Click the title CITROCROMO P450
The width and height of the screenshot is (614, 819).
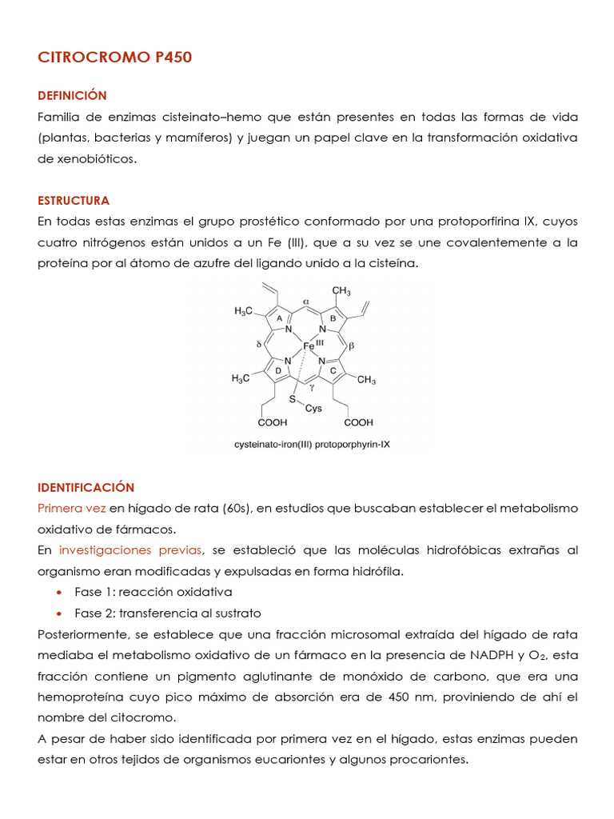tap(115, 58)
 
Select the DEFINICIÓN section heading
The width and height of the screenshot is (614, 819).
tap(72, 95)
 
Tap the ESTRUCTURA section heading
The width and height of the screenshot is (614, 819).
tap(74, 200)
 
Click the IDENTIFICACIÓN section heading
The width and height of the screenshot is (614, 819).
tap(86, 487)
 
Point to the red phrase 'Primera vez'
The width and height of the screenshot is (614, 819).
tap(72, 508)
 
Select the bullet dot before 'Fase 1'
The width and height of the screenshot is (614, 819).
tap(59, 593)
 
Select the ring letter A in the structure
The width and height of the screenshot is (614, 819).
tap(280, 318)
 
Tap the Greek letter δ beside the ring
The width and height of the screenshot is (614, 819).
tap(259, 345)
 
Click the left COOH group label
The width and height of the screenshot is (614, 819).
tap(273, 421)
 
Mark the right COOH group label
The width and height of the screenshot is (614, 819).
tap(359, 421)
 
